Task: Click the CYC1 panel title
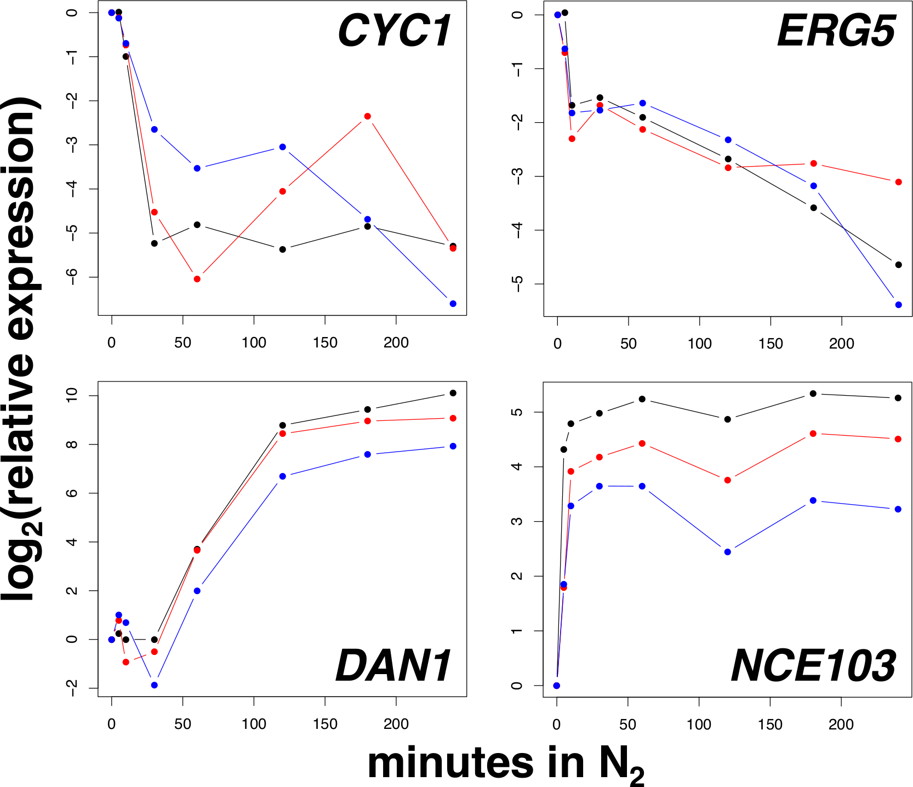395,31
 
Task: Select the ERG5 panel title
836,31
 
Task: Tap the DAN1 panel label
393,665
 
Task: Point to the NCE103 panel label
813,665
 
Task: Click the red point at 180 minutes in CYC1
367,116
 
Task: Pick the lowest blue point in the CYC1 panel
453,304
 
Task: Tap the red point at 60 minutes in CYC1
197,279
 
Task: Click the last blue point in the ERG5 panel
898,305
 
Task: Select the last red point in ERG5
898,182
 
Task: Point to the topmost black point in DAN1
453,393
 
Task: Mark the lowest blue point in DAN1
155,685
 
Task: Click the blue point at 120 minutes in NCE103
728,552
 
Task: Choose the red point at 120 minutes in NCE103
728,480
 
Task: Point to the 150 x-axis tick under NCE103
770,725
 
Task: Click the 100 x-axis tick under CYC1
254,343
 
